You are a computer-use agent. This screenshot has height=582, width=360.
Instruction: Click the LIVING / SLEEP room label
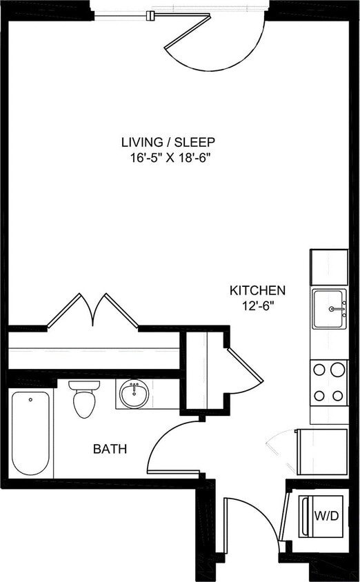[x=168, y=142]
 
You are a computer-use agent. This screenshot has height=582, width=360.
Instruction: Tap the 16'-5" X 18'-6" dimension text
[x=168, y=157]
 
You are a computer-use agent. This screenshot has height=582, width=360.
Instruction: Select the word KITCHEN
[x=257, y=291]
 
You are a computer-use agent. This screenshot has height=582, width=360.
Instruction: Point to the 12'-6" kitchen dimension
[x=257, y=306]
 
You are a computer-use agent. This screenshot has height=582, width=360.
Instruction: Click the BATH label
[x=110, y=449]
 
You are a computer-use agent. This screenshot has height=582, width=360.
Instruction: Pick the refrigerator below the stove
[x=322, y=451]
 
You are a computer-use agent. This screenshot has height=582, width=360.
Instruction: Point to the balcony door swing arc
[x=221, y=48]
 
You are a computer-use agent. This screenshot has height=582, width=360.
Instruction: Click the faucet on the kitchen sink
[x=339, y=310]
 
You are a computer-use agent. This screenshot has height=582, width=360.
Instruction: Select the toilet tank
[x=85, y=387]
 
